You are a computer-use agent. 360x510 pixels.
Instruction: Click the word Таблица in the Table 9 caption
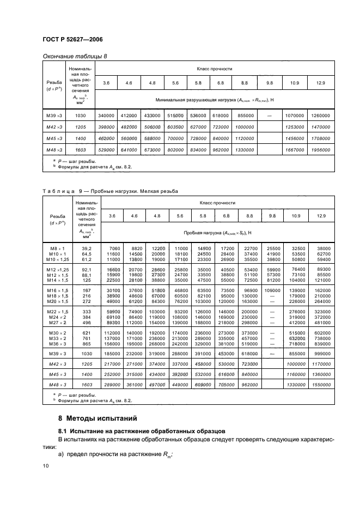coord(58,191)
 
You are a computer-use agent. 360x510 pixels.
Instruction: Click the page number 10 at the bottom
coord(46,466)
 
